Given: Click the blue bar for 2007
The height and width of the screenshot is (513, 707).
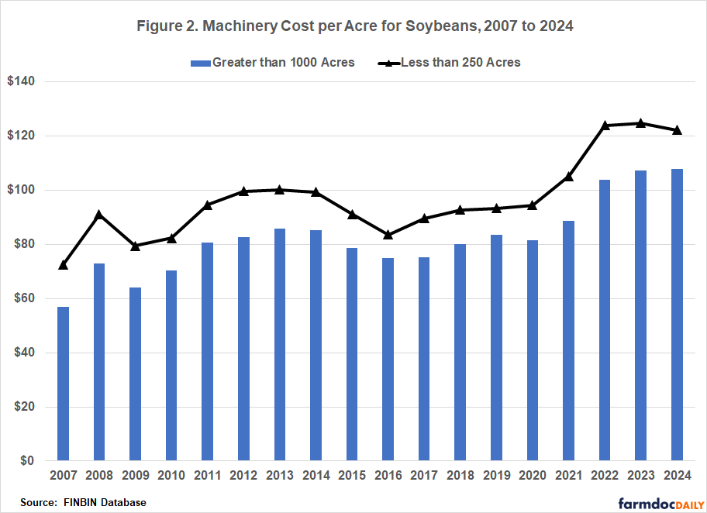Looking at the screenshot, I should coord(64,384).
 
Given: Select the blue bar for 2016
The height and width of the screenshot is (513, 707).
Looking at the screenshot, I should coord(388,360).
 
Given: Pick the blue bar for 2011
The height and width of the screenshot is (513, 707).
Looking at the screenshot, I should coord(208,352).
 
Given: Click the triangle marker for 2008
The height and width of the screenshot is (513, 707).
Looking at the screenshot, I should coord(99,215).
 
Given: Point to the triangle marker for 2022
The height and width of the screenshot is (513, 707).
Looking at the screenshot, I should coord(605,125).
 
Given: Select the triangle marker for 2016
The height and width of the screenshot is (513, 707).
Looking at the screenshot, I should coord(388,234).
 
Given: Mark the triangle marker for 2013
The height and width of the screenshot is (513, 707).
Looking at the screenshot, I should coord(280,189).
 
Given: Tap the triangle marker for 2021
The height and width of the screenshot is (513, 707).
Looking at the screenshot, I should coord(569,176).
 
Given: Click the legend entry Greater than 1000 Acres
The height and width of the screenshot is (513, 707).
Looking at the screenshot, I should coord(271,62).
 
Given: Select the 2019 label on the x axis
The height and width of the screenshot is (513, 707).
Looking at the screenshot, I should coord(496,474).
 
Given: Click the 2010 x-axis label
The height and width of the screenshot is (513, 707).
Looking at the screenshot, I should coord(171,474).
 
